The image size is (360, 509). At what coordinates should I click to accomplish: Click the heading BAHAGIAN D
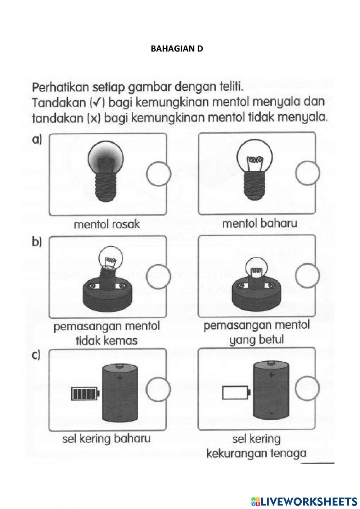pyautogui.click(x=177, y=49)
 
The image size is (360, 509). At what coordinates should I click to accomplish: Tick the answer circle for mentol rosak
pyautogui.click(x=158, y=174)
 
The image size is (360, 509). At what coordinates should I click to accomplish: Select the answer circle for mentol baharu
pyautogui.click(x=307, y=173)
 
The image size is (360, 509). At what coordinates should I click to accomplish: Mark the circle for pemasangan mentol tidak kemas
pyautogui.click(x=158, y=277)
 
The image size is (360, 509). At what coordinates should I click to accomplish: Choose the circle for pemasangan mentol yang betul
pyautogui.click(x=307, y=276)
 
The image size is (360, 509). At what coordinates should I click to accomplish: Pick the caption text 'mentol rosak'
pyautogui.click(x=107, y=224)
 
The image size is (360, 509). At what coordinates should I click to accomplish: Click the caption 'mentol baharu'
pyautogui.click(x=260, y=223)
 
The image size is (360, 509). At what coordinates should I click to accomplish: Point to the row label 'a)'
pyautogui.click(x=37, y=139)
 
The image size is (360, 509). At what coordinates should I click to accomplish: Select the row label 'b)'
pyautogui.click(x=37, y=242)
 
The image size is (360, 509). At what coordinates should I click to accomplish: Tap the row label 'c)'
pyautogui.click(x=36, y=355)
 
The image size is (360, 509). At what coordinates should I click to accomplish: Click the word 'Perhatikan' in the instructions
pyautogui.click(x=60, y=88)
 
